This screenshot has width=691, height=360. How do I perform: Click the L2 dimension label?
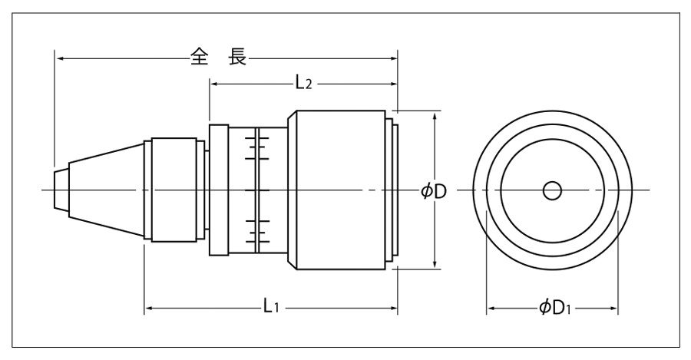304,82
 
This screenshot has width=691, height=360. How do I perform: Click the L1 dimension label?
270,308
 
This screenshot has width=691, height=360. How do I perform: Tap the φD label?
434,190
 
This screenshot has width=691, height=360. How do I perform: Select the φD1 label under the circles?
553,309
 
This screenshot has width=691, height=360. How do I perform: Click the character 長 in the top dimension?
237,57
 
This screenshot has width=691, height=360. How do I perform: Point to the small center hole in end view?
551,190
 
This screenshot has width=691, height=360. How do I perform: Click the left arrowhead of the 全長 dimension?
59,57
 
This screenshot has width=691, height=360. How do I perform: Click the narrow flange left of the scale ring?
219,190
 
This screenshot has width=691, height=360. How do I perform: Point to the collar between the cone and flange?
174,190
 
